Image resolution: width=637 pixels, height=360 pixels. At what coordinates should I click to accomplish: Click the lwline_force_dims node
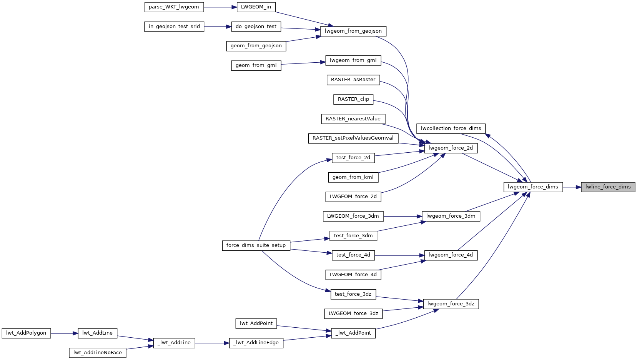click(x=608, y=187)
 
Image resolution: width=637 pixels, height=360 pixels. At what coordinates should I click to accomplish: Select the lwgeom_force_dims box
click(x=533, y=187)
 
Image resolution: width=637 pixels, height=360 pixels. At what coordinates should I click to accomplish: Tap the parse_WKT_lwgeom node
click(x=174, y=7)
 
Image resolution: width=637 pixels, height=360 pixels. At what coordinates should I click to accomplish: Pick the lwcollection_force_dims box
click(x=451, y=128)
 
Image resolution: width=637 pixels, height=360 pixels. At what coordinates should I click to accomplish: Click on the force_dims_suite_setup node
click(x=256, y=246)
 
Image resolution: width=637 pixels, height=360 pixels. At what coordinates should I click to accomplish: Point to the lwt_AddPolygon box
click(x=26, y=333)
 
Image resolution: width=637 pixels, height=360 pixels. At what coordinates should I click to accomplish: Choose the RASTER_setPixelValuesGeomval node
click(x=353, y=138)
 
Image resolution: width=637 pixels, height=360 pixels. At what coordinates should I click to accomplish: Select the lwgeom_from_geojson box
click(x=353, y=31)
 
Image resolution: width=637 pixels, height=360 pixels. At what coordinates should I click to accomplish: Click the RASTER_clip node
click(x=353, y=99)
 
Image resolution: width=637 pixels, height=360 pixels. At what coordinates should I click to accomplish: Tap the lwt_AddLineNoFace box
click(x=98, y=353)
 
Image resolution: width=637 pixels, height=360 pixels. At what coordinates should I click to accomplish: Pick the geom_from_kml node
click(x=353, y=177)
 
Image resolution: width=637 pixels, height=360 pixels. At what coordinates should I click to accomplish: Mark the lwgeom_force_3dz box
click(x=451, y=304)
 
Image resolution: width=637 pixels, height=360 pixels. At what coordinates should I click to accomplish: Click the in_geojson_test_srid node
click(x=174, y=27)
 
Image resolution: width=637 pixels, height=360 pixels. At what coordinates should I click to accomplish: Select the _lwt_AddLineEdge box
click(x=256, y=343)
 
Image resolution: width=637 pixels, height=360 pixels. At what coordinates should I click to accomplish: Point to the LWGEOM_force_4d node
click(x=353, y=275)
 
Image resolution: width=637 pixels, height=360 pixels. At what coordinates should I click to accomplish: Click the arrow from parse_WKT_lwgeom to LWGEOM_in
click(x=220, y=7)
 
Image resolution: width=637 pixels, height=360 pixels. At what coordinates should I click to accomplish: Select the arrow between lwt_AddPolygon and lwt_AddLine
click(x=65, y=333)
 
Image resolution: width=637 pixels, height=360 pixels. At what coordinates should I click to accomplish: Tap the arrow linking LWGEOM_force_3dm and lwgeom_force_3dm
click(x=402, y=216)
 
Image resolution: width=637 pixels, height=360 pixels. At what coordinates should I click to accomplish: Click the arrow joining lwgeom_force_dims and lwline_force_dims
click(x=572, y=187)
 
